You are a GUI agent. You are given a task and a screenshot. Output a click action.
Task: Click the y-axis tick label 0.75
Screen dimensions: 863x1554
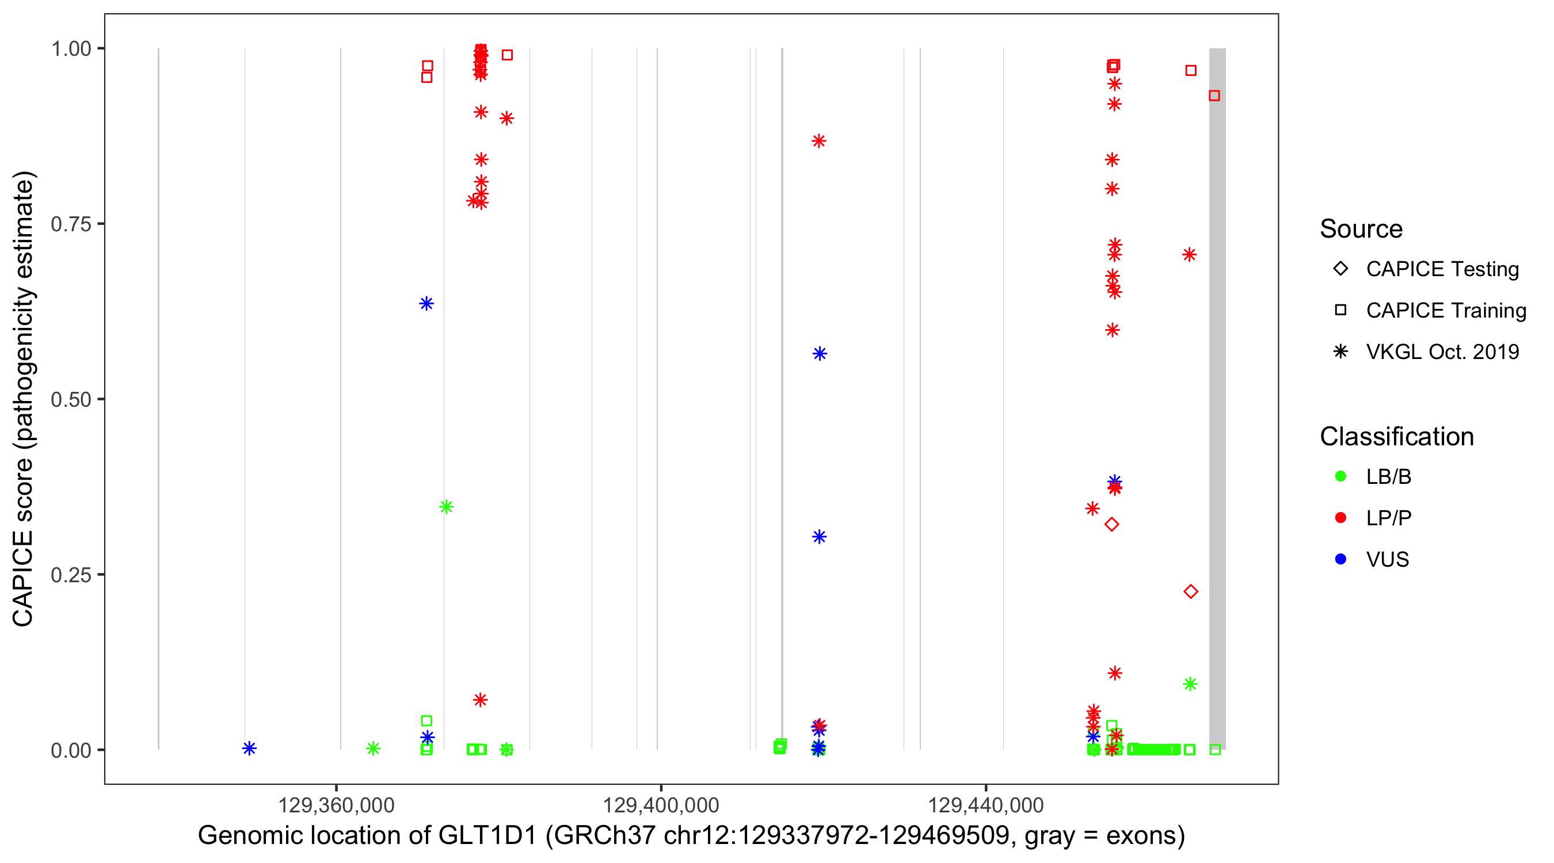pyautogui.click(x=70, y=224)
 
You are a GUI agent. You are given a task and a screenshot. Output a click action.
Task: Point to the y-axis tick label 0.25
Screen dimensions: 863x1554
pyautogui.click(x=70, y=575)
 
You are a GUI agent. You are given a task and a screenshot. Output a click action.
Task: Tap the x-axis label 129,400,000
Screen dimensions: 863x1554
pyautogui.click(x=661, y=805)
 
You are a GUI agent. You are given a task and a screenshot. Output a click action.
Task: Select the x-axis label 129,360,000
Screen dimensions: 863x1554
pyautogui.click(x=336, y=805)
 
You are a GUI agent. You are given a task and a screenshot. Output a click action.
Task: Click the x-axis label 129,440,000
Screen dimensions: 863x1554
pyautogui.click(x=985, y=805)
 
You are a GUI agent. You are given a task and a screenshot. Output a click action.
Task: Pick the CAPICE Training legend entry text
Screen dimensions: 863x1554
pyautogui.click(x=1446, y=311)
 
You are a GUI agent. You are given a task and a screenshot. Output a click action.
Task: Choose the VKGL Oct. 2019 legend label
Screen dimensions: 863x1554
pyautogui.click(x=1442, y=352)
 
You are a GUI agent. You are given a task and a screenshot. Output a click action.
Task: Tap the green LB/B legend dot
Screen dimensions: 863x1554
pyautogui.click(x=1340, y=477)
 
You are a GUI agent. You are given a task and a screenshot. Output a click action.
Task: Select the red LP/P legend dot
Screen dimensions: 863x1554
pyautogui.click(x=1340, y=518)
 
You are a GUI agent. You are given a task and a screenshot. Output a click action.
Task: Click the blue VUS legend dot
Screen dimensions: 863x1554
pyautogui.click(x=1340, y=560)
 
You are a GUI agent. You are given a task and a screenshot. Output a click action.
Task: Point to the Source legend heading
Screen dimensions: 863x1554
pyautogui.click(x=1361, y=229)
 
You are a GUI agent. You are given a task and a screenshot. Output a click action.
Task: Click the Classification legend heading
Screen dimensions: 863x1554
pyautogui.click(x=1396, y=437)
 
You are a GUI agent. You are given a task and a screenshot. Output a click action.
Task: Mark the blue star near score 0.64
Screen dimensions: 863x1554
pyautogui.click(x=426, y=303)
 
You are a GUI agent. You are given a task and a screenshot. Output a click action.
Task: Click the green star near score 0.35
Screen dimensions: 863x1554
pyautogui.click(x=447, y=507)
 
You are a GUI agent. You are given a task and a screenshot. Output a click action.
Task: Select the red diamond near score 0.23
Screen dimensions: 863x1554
pyautogui.click(x=1190, y=591)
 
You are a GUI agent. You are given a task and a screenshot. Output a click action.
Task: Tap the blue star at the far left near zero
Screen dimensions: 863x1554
pyautogui.click(x=249, y=749)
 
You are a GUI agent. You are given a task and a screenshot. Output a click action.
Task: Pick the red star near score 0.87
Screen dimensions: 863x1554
pyautogui.click(x=818, y=141)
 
